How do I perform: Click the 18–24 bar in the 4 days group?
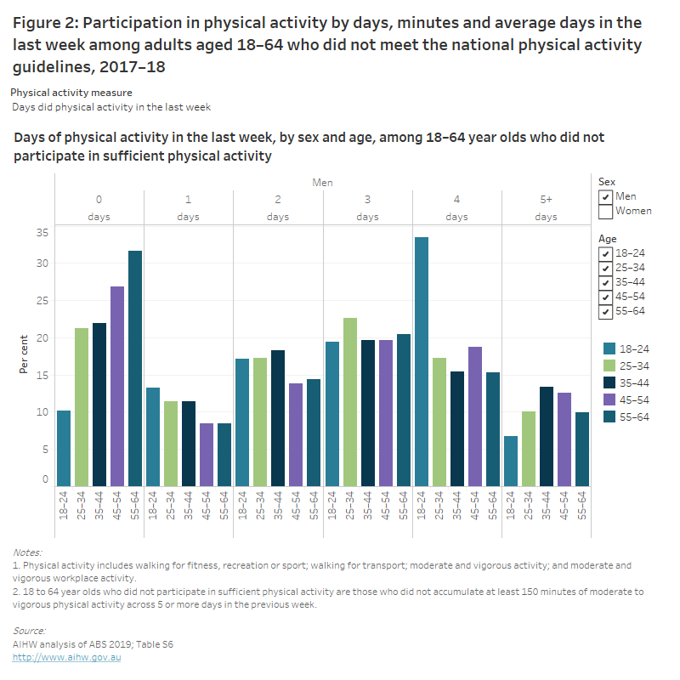422,361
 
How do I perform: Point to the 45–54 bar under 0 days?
117,386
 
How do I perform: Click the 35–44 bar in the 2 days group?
278,417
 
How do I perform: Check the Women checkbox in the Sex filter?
605,211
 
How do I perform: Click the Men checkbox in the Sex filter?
605,196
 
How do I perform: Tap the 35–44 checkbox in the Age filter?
605,282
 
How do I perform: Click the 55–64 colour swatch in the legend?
608,416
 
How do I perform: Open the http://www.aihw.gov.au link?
67,658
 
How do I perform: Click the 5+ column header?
547,199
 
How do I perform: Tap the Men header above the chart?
322,182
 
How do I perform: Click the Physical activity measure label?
71,92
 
